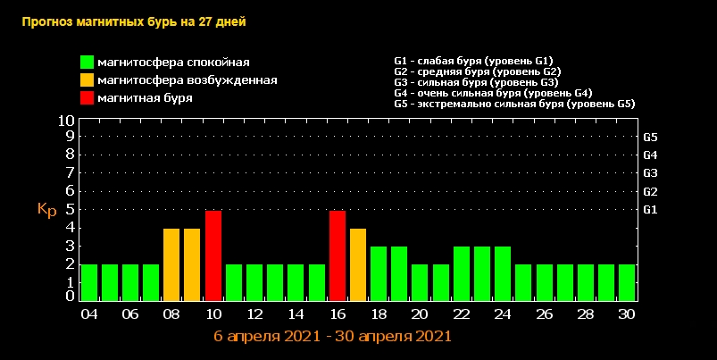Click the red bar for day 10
(x=213, y=255)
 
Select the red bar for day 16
(x=338, y=255)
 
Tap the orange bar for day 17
(x=358, y=264)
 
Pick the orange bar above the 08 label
(x=171, y=264)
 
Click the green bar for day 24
(x=503, y=273)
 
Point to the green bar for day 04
(x=89, y=282)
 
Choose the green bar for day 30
(x=627, y=282)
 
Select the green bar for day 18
(x=379, y=273)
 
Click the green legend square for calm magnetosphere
(x=87, y=63)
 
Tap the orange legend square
(x=87, y=80)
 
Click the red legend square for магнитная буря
(x=87, y=98)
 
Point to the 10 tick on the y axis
(x=66, y=120)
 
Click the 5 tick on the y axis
(x=70, y=209)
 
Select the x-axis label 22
(x=462, y=315)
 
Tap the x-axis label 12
(x=254, y=315)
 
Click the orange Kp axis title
(x=47, y=210)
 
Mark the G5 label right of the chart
(x=650, y=138)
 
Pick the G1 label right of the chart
(x=650, y=210)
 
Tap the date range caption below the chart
(x=332, y=337)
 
